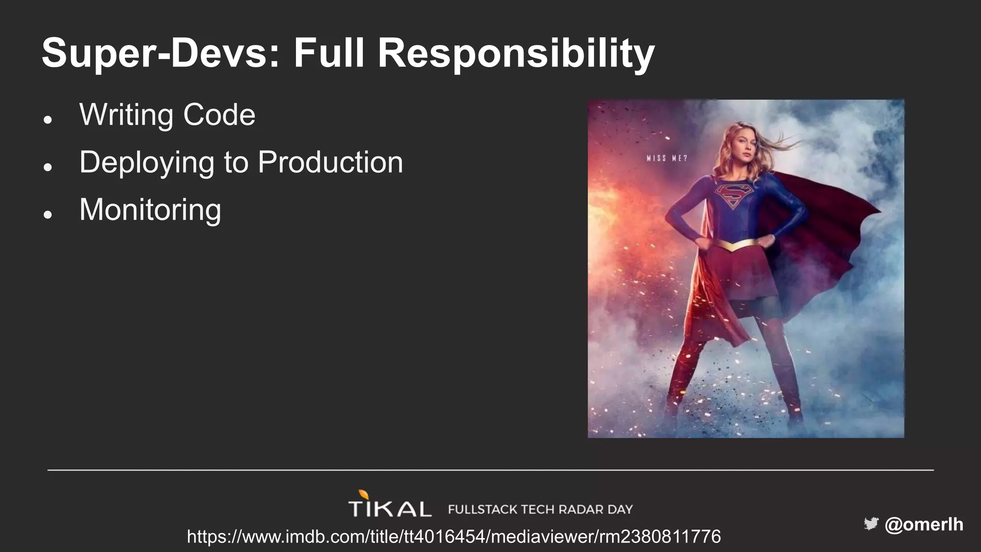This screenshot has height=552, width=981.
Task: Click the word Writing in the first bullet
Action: click(x=126, y=115)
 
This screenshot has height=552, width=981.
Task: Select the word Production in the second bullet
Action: click(x=330, y=162)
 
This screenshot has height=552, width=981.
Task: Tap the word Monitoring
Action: click(x=150, y=210)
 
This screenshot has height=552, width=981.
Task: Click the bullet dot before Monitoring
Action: click(x=47, y=214)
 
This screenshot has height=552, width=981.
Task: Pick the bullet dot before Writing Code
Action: click(x=47, y=119)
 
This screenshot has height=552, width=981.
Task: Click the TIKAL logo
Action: click(x=389, y=507)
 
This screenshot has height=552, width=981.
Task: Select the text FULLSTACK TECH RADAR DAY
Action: click(x=540, y=509)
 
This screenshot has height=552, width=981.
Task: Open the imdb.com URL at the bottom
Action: click(x=453, y=536)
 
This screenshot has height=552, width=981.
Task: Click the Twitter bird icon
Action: click(x=870, y=524)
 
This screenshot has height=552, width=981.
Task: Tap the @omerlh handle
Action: click(x=924, y=524)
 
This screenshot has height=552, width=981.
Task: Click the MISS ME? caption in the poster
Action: click(x=666, y=158)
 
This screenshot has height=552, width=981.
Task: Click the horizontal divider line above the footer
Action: click(x=490, y=470)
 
